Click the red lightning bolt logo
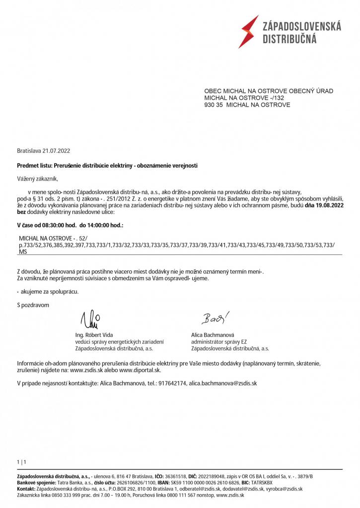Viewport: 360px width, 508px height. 248,31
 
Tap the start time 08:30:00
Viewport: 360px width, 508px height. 53,225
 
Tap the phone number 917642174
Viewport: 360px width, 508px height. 171,383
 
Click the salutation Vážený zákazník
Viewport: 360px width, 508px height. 41,178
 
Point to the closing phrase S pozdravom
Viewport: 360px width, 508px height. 33,305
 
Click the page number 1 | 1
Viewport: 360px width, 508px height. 21,462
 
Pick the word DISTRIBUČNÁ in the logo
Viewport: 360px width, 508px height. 289,39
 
